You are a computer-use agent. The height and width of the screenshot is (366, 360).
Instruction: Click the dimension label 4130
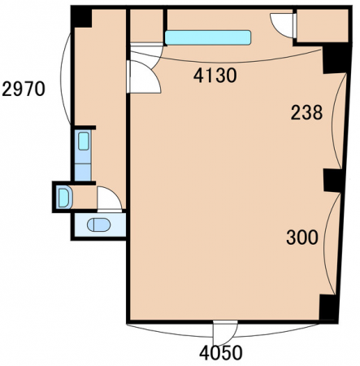215,76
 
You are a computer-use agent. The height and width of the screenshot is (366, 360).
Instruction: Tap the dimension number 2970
24,89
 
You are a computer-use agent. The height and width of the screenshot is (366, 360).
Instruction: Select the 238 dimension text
306,112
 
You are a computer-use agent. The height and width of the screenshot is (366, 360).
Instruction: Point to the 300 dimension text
302,237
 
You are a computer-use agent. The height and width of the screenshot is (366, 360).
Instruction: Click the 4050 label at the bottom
221,353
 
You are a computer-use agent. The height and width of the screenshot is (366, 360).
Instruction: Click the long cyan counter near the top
208,37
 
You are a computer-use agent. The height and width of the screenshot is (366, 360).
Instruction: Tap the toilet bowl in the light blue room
99,224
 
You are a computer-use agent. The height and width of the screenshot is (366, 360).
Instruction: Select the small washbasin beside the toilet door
64,198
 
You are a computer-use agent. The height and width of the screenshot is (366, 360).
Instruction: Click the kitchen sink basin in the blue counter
84,141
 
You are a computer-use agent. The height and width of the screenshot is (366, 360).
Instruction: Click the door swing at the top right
282,25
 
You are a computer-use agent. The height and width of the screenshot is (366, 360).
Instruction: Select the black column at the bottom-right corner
328,308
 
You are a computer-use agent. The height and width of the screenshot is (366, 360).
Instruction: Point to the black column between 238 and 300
333,181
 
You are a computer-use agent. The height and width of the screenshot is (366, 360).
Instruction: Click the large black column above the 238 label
335,59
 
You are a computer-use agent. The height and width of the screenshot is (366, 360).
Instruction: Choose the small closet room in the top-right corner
322,25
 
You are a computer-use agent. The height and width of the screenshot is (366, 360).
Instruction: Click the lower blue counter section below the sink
83,172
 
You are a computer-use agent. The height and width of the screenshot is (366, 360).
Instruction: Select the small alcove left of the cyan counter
146,26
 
